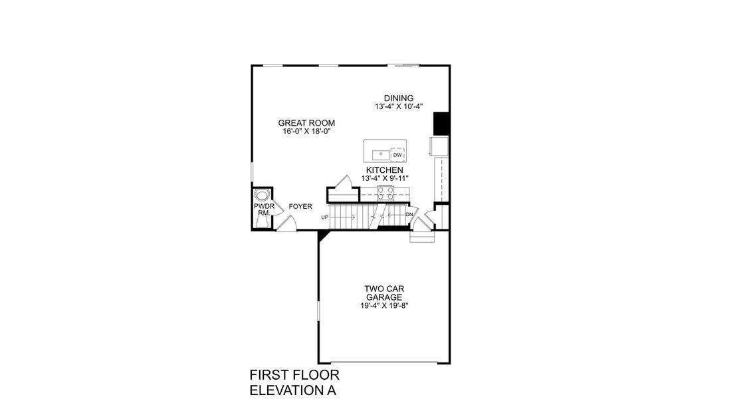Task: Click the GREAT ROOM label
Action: pyautogui.click(x=306, y=123)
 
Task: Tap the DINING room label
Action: pyautogui.click(x=398, y=98)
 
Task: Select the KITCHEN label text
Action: pyautogui.click(x=384, y=170)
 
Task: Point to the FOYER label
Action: pyautogui.click(x=300, y=207)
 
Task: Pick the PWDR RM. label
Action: pyautogui.click(x=264, y=210)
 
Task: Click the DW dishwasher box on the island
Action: pyautogui.click(x=397, y=155)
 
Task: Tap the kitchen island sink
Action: pyautogui.click(x=381, y=155)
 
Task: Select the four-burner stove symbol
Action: pyautogui.click(x=385, y=192)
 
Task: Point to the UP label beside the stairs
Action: pyautogui.click(x=325, y=217)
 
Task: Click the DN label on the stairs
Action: pyautogui.click(x=409, y=214)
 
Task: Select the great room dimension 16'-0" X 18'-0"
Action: pyautogui.click(x=306, y=132)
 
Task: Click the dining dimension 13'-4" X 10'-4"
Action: pyautogui.click(x=398, y=106)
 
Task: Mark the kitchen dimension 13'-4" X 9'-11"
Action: pyautogui.click(x=384, y=178)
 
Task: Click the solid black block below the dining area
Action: pyautogui.click(x=441, y=123)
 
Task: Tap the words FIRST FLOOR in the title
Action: pyautogui.click(x=294, y=375)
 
